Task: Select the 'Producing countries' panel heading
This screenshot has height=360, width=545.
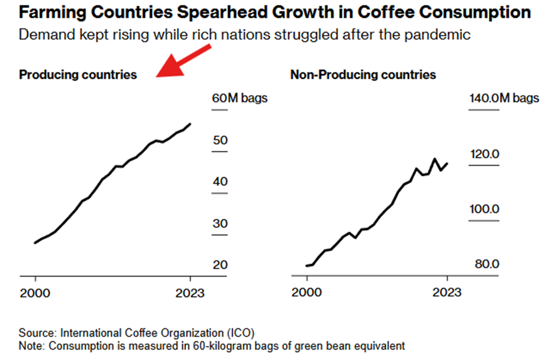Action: (x=78, y=75)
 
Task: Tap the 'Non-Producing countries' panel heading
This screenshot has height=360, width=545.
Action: (x=363, y=75)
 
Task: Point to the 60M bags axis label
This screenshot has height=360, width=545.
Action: (x=239, y=98)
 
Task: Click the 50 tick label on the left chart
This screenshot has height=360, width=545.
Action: (x=219, y=141)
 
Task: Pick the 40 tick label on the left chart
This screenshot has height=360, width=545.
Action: (x=219, y=182)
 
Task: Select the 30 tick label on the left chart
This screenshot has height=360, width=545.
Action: (x=219, y=224)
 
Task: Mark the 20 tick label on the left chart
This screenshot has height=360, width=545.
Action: (x=219, y=265)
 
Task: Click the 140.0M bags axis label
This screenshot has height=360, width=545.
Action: (x=504, y=98)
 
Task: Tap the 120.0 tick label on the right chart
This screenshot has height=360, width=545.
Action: (x=484, y=154)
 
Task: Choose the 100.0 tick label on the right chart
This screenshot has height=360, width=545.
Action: (x=484, y=209)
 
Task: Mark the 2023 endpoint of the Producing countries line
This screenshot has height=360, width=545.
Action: (x=190, y=124)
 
